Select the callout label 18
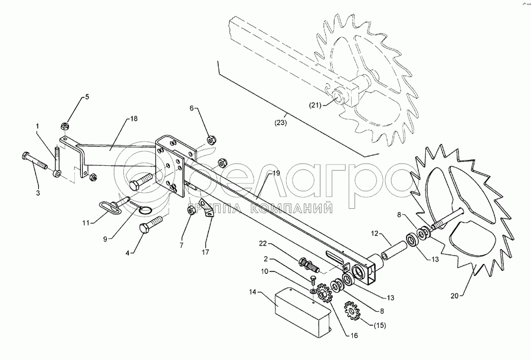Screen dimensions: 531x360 tap(133, 119)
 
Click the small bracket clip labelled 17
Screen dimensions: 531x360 tap(206, 211)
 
